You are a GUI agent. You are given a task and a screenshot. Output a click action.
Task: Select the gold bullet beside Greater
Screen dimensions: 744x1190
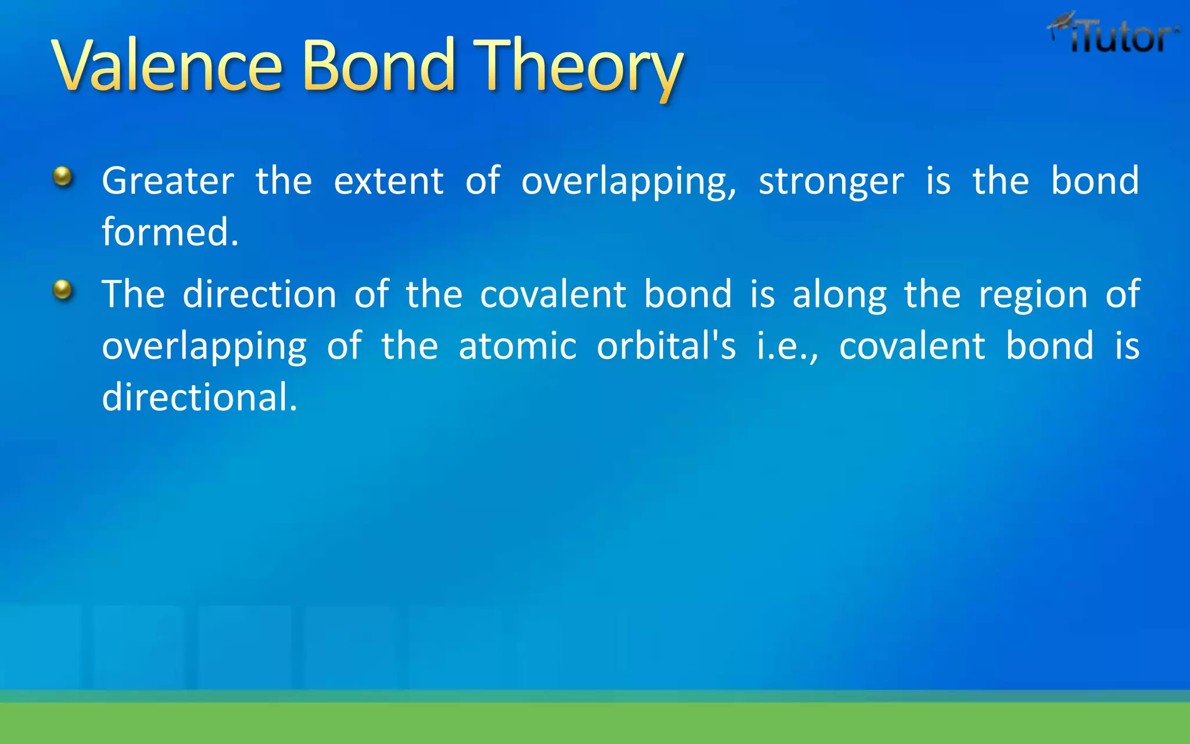tap(63, 176)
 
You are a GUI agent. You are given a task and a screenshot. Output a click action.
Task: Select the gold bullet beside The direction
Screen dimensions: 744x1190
tap(63, 289)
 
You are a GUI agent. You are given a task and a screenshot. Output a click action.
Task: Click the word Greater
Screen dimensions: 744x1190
tap(168, 181)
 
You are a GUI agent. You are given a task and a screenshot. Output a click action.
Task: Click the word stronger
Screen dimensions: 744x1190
tap(831, 182)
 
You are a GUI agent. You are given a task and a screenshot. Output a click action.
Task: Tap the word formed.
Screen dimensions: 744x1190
tap(170, 232)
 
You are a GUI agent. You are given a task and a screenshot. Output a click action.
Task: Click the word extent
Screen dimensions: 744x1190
tap(389, 181)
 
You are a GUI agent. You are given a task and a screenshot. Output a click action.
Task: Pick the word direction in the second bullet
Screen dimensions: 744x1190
tap(259, 294)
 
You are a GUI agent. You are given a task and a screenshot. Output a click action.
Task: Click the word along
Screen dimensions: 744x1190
tap(840, 295)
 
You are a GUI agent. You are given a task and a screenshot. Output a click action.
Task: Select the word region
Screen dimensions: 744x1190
tap(1033, 295)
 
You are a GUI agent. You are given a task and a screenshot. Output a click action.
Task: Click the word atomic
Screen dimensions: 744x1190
tap(517, 346)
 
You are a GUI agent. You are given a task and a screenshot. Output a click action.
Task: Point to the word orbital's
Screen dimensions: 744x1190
tap(666, 346)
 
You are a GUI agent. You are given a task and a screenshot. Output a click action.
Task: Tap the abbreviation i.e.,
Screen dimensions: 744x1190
tap(787, 346)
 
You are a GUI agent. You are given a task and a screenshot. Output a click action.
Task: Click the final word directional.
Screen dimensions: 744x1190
tap(199, 398)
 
